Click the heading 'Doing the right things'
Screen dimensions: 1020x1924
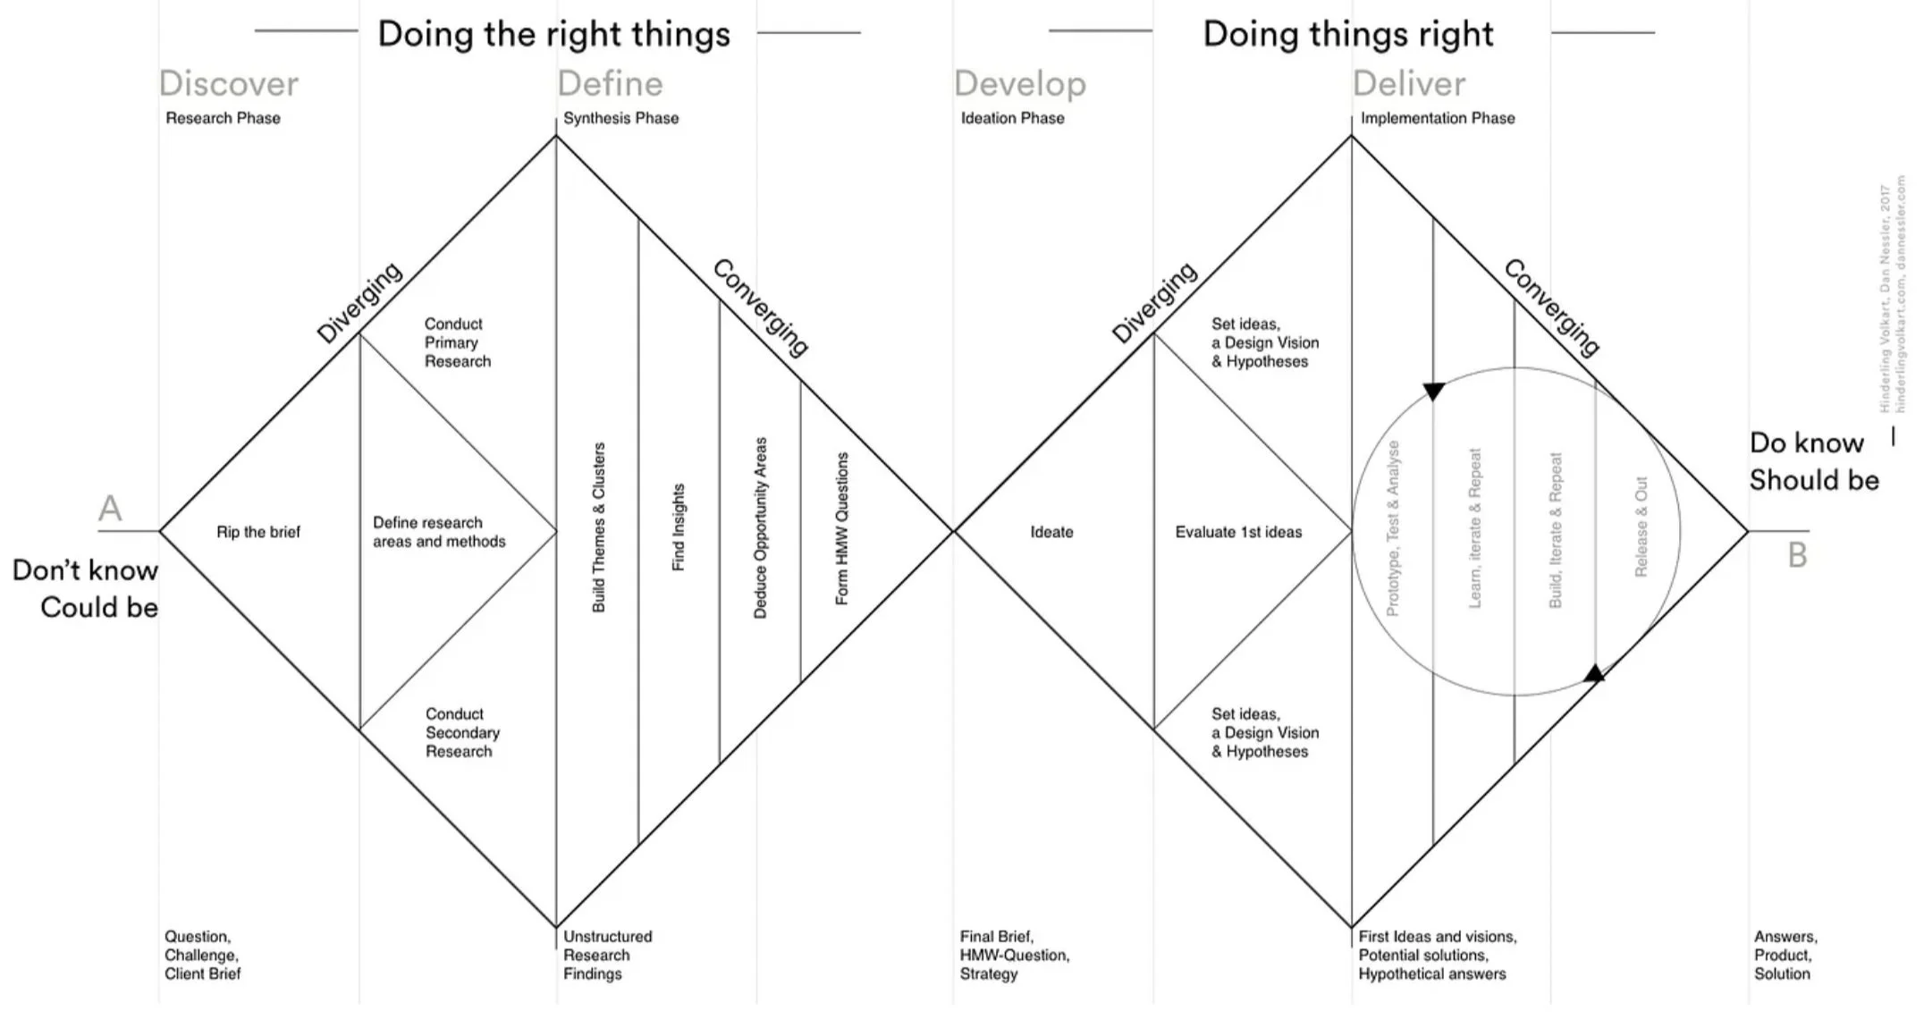pos(553,34)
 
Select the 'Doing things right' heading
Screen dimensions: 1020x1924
pos(1347,34)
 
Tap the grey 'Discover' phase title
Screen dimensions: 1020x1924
pos(229,83)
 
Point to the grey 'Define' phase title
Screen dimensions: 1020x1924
pos(610,83)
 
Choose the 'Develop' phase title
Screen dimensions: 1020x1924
pos(1020,83)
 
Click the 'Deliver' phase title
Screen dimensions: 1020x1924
pos(1408,83)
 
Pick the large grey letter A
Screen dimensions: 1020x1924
pos(110,509)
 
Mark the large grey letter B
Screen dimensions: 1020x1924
pos(1797,555)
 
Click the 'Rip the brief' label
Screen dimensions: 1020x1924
pos(258,532)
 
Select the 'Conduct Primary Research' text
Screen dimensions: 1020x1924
pos(457,342)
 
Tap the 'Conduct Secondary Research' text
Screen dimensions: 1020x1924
pos(461,732)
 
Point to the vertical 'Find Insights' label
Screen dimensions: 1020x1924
pos(679,527)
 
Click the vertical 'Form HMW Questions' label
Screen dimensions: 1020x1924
pos(841,528)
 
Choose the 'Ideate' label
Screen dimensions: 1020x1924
pos(1051,532)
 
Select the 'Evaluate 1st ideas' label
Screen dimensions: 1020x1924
pos(1238,532)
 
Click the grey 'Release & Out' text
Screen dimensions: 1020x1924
pos(1641,527)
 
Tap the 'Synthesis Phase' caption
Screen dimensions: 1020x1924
pos(620,118)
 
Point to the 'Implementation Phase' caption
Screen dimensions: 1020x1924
pos(1437,118)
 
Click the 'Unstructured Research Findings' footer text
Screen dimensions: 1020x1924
pos(607,955)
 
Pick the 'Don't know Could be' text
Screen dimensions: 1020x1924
pos(86,588)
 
